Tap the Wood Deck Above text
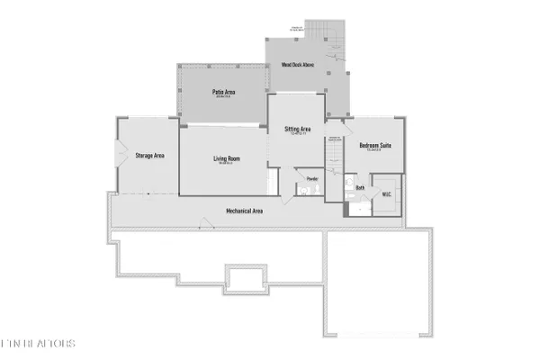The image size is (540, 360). [x=296, y=65]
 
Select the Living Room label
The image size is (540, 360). [x=225, y=159]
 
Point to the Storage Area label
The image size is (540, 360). [x=149, y=156]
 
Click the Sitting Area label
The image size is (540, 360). [x=298, y=130]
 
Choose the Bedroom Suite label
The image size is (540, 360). [x=375, y=145]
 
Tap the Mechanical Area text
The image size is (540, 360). [x=244, y=211]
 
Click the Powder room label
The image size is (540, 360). [x=312, y=178]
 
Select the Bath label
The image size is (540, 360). [x=360, y=188]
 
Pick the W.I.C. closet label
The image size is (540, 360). [x=386, y=193]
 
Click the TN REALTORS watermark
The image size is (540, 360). [x=38, y=344]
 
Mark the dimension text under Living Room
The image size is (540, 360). [x=225, y=165]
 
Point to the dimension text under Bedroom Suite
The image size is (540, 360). [x=375, y=150]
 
